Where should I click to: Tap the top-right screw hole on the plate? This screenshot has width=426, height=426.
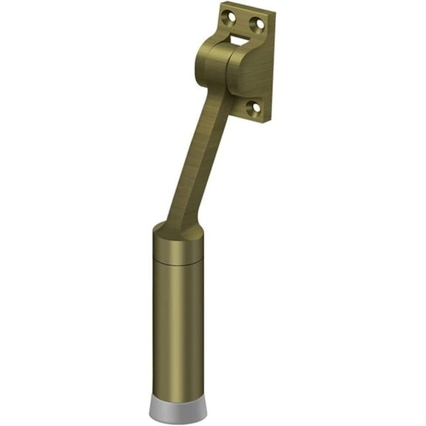[260, 24]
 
